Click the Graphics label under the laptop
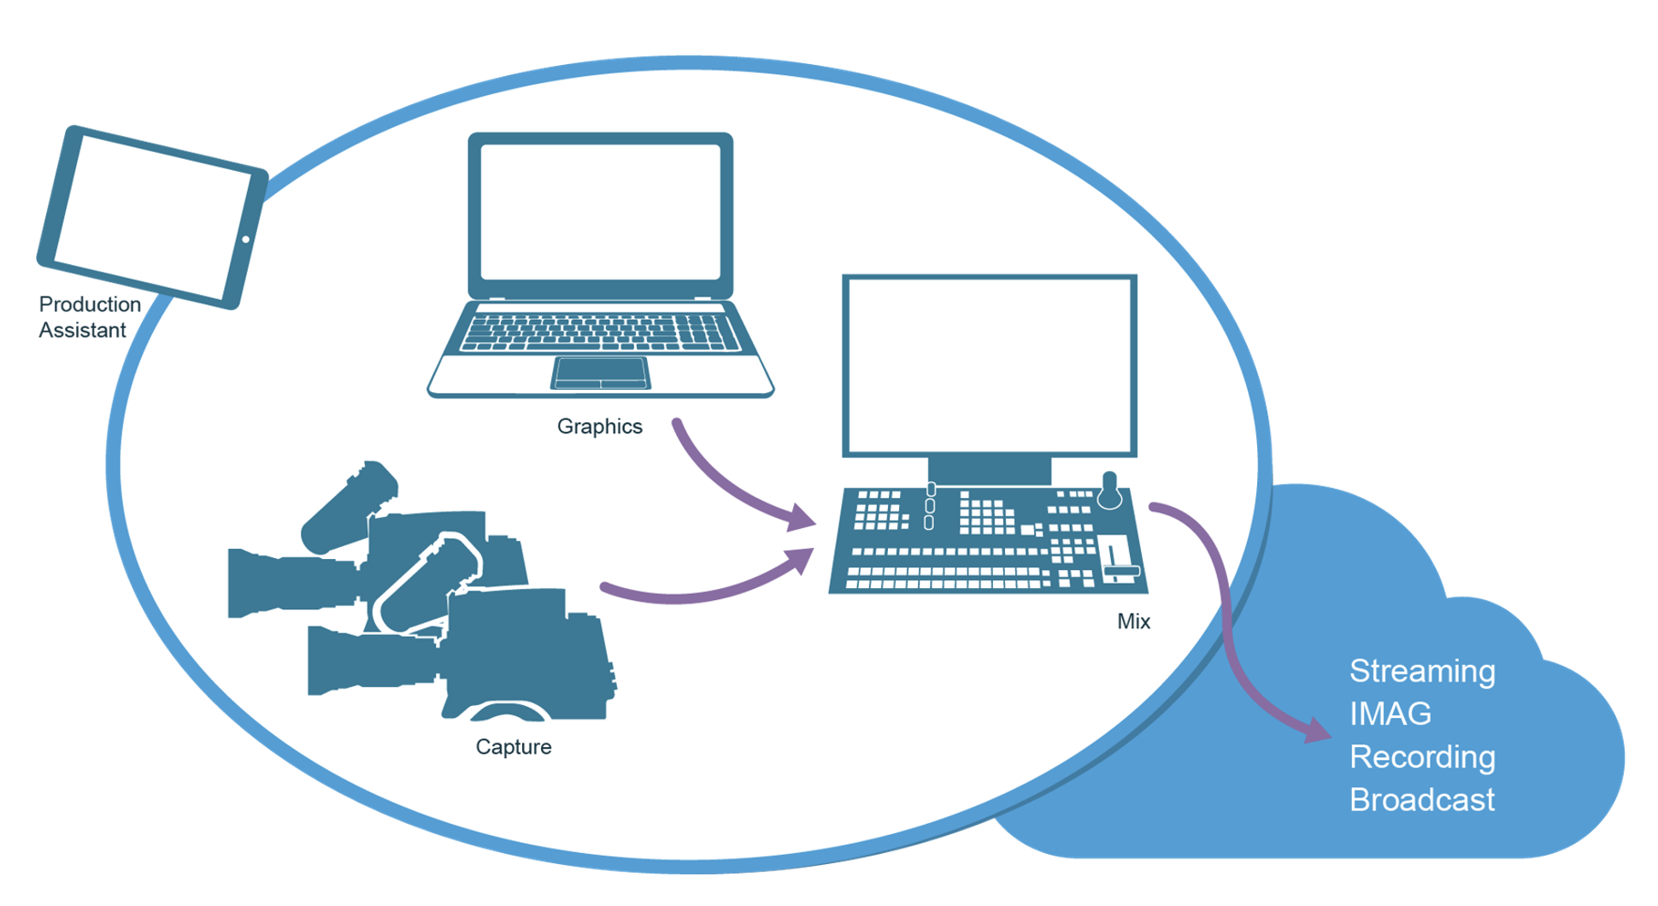[599, 427]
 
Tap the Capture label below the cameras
[513, 747]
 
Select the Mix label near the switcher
[1133, 621]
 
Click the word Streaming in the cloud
[1421, 672]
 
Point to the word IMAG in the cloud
[1390, 715]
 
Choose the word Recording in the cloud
[1421, 757]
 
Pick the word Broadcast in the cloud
[1421, 800]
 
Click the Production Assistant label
[89, 317]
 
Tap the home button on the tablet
[245, 239]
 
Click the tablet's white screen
[152, 217]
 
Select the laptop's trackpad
[600, 373]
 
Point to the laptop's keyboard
[600, 332]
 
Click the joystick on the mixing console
[1109, 490]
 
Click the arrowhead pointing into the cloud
[1316, 731]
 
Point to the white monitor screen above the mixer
[989, 365]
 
